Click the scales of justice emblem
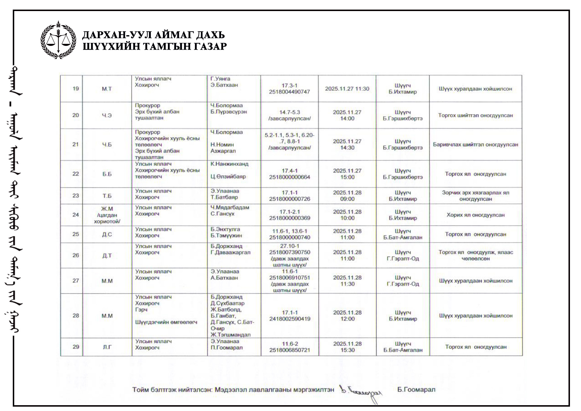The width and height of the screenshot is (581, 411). point(58,40)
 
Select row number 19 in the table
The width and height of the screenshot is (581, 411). point(76,89)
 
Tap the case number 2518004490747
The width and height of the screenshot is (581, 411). point(289,92)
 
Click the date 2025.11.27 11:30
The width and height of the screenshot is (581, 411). point(347,89)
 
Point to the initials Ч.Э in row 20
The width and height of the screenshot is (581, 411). point(107,115)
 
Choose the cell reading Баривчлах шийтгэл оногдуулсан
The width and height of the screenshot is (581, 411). point(476,144)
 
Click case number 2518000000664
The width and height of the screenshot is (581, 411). point(289,177)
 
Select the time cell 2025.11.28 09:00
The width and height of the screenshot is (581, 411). point(347,196)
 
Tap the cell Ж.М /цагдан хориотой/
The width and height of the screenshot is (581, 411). point(107,215)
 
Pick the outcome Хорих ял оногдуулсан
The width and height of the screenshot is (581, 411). point(476,215)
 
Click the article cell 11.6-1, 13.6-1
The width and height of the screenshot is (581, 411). point(289,231)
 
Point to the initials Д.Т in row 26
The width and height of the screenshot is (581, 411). point(107,255)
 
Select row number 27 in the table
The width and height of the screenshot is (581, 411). point(76,281)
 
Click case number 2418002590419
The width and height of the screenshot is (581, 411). point(290,319)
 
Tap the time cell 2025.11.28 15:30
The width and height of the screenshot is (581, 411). point(347,347)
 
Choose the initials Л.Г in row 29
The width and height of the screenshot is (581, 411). point(107,347)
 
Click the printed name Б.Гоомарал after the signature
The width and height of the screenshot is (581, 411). point(416,389)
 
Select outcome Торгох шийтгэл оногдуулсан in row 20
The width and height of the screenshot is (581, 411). point(476,115)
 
